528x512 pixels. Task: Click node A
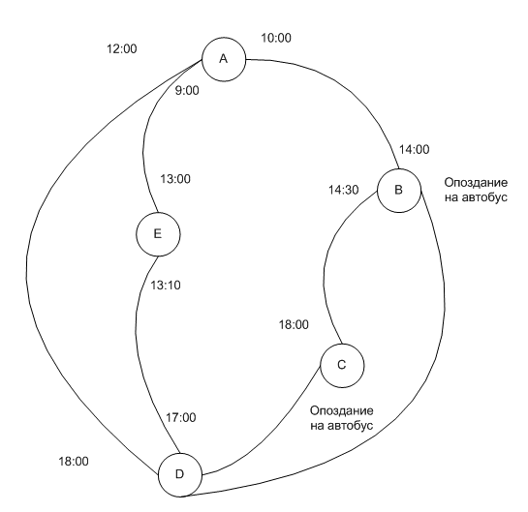coord(224,59)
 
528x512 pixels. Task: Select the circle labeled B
coord(399,191)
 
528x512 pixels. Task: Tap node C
coord(342,366)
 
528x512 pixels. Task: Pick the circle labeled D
coord(180,475)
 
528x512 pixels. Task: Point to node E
coord(158,234)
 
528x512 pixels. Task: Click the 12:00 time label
coord(122,49)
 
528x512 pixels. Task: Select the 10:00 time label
coord(276,38)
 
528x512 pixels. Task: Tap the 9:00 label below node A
coord(187,90)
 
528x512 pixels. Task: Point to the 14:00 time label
coord(415,149)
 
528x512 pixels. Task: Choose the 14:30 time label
coord(344,190)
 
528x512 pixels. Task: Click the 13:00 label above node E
coord(175,179)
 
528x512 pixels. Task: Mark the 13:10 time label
coord(166,286)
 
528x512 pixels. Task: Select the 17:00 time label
coord(181,418)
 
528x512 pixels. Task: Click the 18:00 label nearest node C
coord(294,325)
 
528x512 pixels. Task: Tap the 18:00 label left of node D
coord(74,462)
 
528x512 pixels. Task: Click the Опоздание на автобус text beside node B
coord(476,190)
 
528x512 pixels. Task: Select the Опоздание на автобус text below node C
coord(341,418)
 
